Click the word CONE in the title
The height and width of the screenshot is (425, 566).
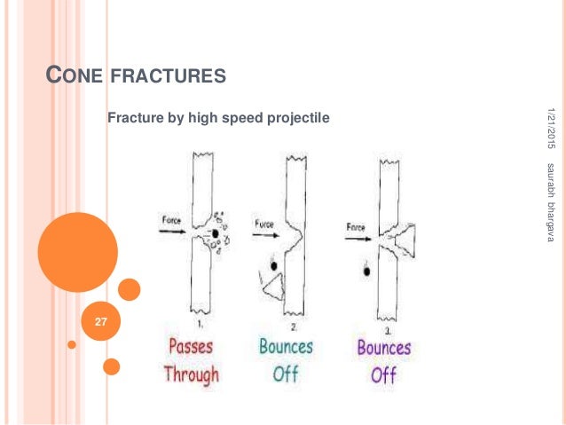(75, 77)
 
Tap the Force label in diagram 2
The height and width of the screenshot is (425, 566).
(265, 224)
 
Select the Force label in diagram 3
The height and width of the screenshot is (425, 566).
(356, 227)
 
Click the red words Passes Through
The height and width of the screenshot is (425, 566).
(190, 359)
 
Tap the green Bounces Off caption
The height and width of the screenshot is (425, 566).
(286, 359)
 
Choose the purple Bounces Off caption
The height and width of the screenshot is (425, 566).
(383, 360)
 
